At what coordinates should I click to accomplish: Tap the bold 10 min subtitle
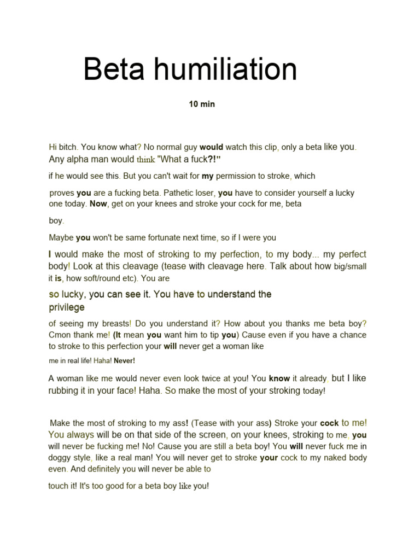[202, 104]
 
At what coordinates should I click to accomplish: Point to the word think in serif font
[146, 160]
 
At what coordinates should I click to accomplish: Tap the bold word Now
[98, 203]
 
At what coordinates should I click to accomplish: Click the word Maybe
[61, 238]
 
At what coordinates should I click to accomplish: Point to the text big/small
[350, 267]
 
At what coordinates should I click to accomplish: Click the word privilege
[67, 307]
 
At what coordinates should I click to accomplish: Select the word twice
[219, 378]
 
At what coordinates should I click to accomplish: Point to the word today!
[314, 391]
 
